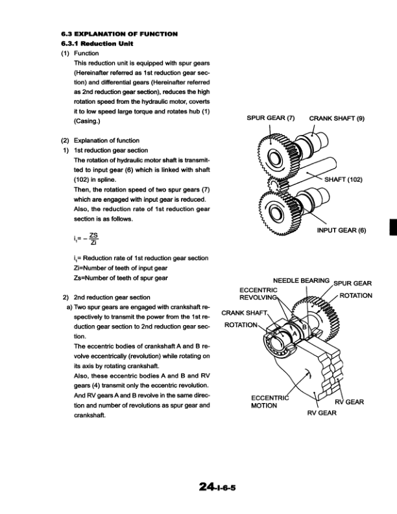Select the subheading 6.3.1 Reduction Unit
[x=95, y=43]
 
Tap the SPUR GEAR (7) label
[x=271, y=119]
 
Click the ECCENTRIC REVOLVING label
[x=259, y=293]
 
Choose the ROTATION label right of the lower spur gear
[x=356, y=295]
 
